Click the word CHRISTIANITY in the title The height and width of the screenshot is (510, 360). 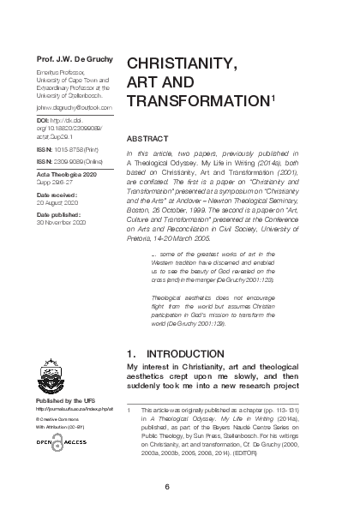[x=181, y=65]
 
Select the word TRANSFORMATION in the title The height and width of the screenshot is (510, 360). [x=197, y=102]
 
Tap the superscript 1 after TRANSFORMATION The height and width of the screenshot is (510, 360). [x=273, y=97]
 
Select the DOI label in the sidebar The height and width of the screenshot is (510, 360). [x=43, y=121]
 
